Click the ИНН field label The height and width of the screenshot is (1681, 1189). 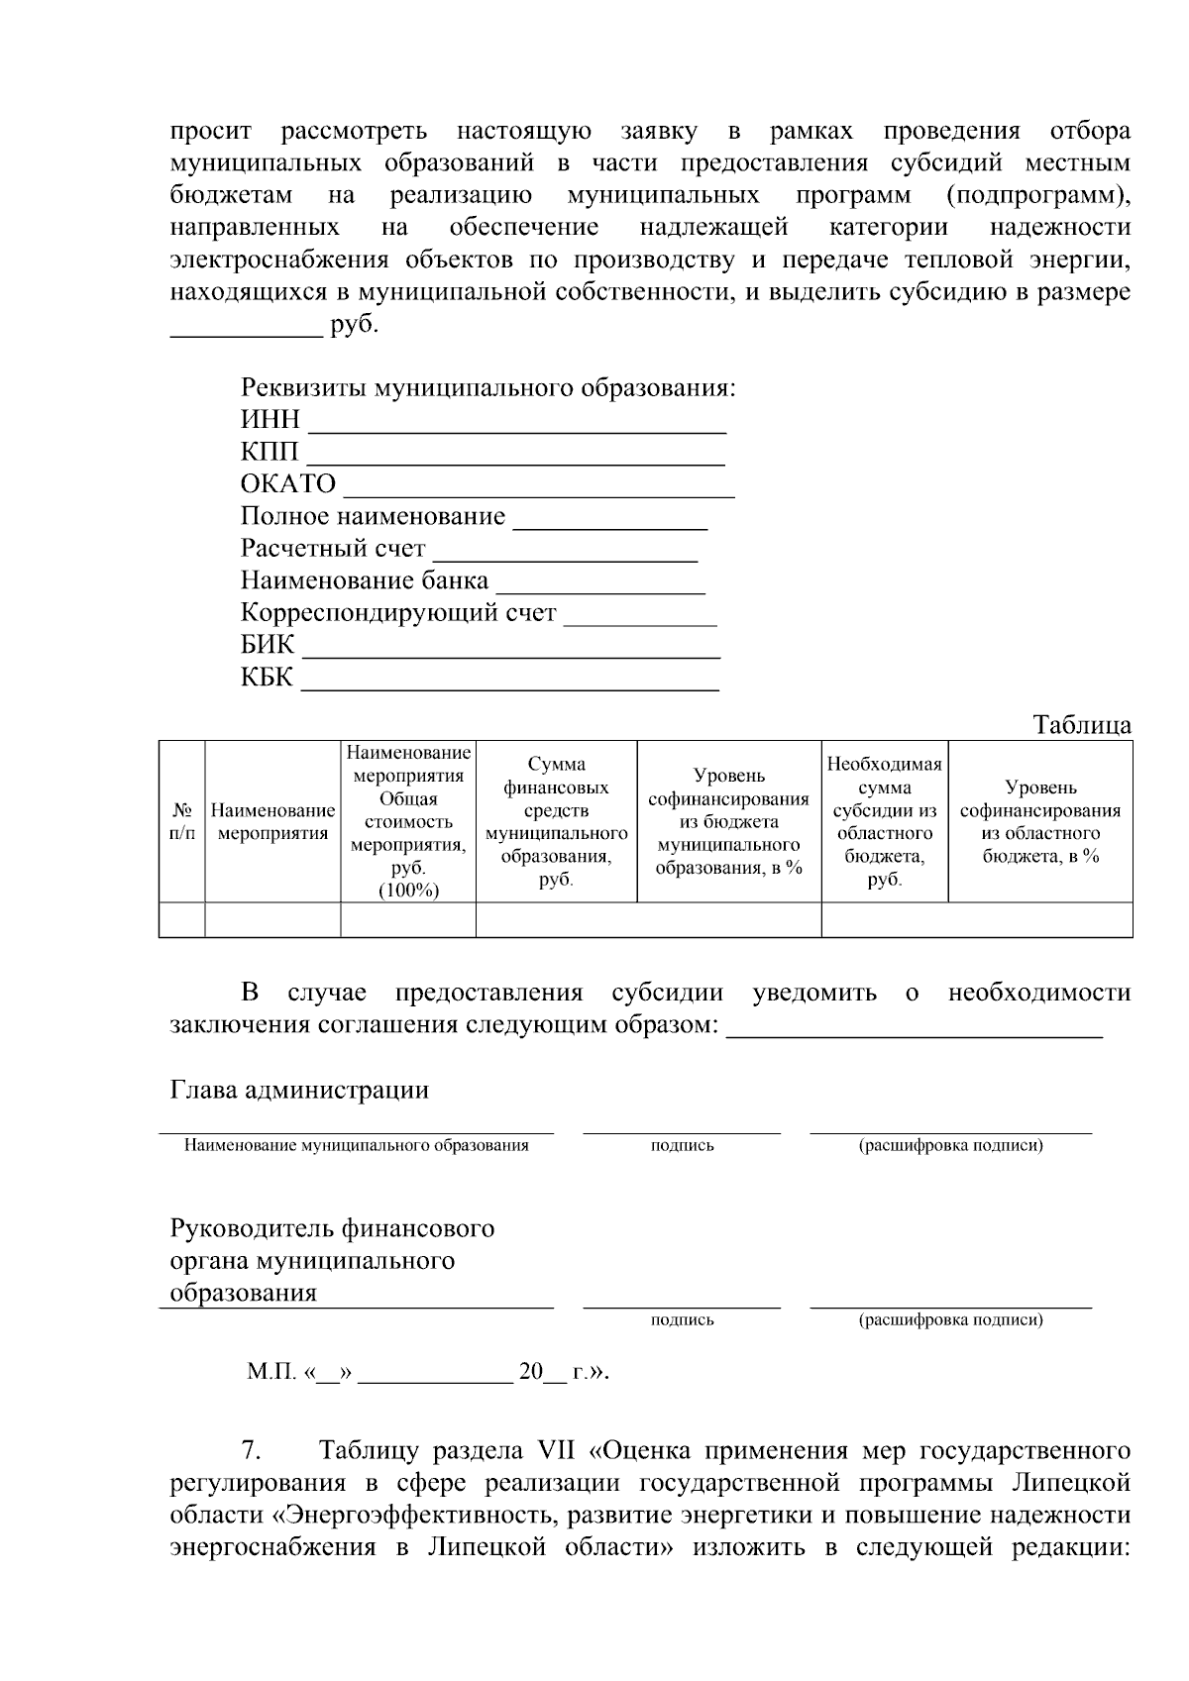point(270,420)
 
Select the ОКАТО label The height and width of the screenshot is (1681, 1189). point(288,484)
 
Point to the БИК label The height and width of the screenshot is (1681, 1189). point(268,645)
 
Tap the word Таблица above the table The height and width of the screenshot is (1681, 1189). point(1082,725)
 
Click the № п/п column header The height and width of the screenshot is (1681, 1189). point(181,822)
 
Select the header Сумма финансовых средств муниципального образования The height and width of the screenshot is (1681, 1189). point(556,822)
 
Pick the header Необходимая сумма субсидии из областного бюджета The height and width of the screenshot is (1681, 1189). point(884,822)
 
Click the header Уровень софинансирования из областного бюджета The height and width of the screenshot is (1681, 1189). point(1039,822)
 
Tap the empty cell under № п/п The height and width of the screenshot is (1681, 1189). point(181,919)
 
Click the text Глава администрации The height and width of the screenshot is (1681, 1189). point(299,1091)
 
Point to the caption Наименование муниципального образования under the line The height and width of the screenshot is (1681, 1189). point(357,1146)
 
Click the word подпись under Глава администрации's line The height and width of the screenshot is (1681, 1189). point(682,1146)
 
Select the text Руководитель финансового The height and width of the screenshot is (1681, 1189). point(332,1229)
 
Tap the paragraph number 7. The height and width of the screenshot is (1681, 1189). point(252,1452)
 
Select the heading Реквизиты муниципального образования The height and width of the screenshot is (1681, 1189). point(487,387)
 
